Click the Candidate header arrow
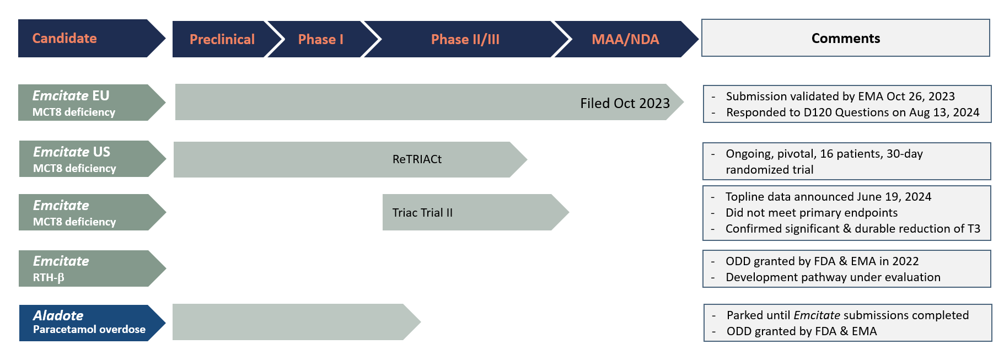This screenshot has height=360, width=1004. (83, 39)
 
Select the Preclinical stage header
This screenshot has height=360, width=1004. (222, 39)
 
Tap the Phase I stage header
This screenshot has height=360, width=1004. (320, 39)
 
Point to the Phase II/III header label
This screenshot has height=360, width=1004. (465, 39)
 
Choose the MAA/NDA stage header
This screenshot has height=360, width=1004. (625, 39)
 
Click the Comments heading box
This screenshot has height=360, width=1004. (845, 38)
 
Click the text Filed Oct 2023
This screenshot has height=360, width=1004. (625, 103)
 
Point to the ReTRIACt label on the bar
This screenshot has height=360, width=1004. (417, 159)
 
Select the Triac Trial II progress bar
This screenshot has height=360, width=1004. (469, 212)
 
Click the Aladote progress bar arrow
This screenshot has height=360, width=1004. (292, 322)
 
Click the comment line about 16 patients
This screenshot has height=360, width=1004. (824, 154)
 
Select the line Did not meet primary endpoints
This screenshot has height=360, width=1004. (811, 213)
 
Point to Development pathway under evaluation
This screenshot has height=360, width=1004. (833, 277)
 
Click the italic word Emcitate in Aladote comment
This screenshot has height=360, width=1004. (817, 315)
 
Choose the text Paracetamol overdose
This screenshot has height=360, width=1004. (89, 330)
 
